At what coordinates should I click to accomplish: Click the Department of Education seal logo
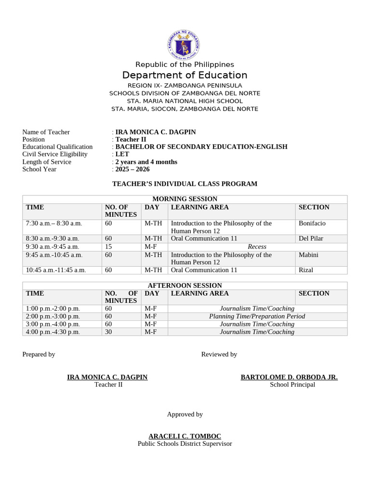pyautogui.click(x=184, y=45)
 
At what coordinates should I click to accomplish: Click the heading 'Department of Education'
pyautogui.click(x=185, y=75)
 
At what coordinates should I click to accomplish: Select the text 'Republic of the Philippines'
pyautogui.click(x=185, y=65)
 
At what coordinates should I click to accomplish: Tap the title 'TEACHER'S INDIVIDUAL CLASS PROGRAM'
pyautogui.click(x=185, y=184)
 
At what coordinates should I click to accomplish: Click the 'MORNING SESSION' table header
pyautogui.click(x=185, y=199)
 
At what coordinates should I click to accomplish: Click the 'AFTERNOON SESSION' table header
pyautogui.click(x=185, y=285)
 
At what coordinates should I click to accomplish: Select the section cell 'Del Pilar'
pyautogui.click(x=311, y=238)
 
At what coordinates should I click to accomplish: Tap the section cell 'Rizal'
pyautogui.click(x=306, y=270)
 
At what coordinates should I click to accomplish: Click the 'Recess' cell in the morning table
pyautogui.click(x=257, y=246)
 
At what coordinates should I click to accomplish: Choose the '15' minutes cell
pyautogui.click(x=108, y=246)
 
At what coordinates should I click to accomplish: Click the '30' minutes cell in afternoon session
pyautogui.click(x=108, y=332)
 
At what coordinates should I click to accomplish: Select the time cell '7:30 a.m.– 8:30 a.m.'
pyautogui.click(x=54, y=223)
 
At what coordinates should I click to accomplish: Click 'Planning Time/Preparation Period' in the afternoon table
pyautogui.click(x=257, y=316)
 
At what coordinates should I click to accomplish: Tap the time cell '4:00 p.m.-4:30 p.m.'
pyautogui.click(x=53, y=332)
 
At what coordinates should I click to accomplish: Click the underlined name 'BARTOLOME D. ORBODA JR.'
pyautogui.click(x=289, y=377)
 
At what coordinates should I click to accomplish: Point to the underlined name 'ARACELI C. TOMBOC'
pyautogui.click(x=185, y=436)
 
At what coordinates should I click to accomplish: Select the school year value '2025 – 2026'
pyautogui.click(x=132, y=169)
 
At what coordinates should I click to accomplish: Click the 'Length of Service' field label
pyautogui.click(x=47, y=162)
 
